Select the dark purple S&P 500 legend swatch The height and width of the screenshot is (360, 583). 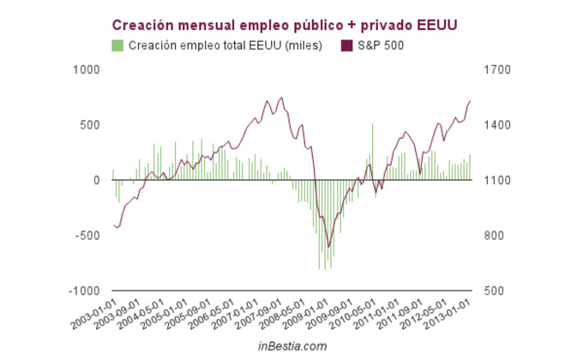click(346, 45)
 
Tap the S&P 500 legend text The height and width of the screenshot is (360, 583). click(381, 45)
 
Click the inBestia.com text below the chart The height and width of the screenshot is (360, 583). click(292, 345)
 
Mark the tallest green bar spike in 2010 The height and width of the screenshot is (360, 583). click(372, 125)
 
